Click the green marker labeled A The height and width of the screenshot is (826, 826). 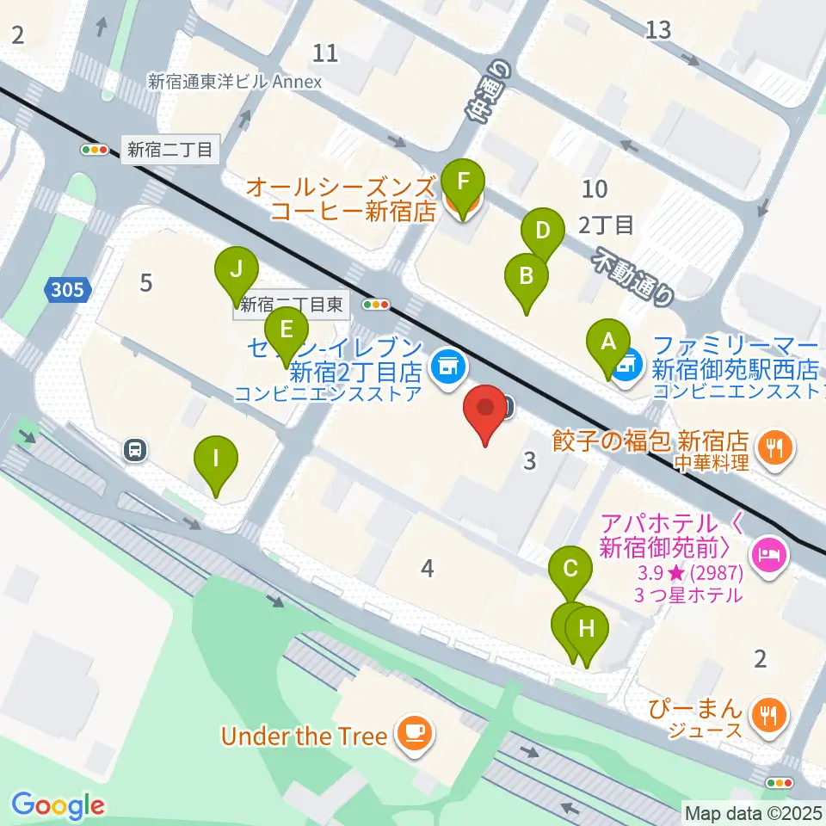pos(608,342)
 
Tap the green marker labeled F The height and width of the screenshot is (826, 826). pos(463,182)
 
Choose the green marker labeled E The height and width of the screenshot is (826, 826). pos(287,330)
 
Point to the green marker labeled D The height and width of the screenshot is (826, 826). pos(542,231)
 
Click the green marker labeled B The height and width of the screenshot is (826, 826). pos(527,276)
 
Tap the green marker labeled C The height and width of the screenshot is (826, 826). pos(570,569)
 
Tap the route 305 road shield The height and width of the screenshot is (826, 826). pos(68,290)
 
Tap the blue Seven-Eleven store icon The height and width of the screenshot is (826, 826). pos(446,367)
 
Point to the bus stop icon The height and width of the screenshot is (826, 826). pos(134,448)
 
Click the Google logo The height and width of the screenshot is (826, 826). pos(58,805)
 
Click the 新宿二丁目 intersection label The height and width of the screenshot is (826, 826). pos(170,150)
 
